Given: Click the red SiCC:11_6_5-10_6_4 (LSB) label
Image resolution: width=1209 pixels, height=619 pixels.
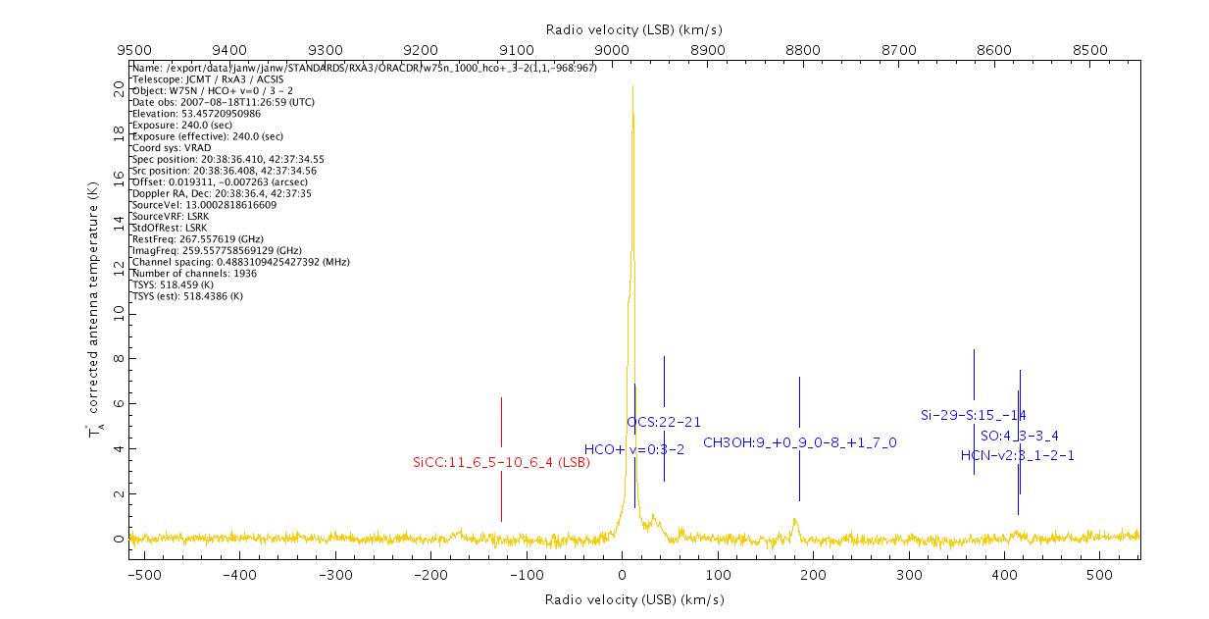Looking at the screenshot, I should point(501,462).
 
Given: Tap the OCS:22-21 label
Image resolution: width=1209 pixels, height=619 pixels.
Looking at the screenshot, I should point(664,422).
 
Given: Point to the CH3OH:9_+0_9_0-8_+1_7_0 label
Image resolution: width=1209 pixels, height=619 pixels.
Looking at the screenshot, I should point(799,442).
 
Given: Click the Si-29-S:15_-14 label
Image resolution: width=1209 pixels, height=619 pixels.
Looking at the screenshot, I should point(973,415).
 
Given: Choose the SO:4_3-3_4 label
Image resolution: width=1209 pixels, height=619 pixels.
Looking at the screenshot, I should point(1020,436).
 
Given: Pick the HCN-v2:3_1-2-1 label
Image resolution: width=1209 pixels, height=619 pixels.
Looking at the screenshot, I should point(1017,455).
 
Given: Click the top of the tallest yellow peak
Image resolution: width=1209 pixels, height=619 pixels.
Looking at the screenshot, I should point(632,87).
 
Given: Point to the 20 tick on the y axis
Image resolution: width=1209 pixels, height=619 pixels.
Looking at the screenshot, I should point(119,88).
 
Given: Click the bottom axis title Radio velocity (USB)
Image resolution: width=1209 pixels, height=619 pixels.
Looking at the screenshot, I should point(633,599).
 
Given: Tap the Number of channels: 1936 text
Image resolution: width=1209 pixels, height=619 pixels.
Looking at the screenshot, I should point(203,274).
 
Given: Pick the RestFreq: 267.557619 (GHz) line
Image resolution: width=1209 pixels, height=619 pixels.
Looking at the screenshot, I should point(197,239).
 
